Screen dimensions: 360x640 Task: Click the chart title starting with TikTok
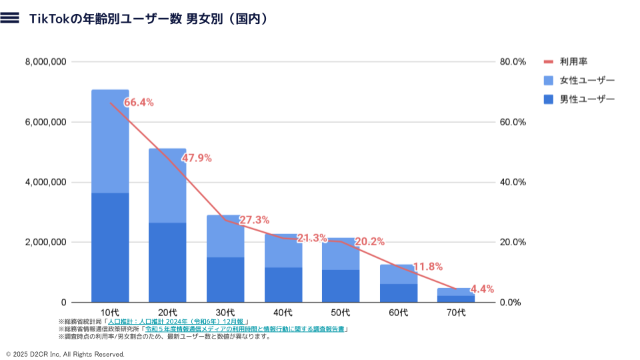[x=149, y=19]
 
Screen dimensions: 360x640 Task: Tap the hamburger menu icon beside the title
[x=10, y=19]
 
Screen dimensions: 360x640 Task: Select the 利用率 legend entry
[x=573, y=62]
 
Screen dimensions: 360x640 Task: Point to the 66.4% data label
[x=139, y=103]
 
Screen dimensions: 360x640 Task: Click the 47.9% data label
[x=197, y=158]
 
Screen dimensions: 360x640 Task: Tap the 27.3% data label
[x=254, y=220]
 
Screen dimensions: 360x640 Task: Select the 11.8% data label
[x=428, y=267]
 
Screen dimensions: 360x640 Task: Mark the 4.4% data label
[x=482, y=289]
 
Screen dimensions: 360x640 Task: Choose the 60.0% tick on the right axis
[x=513, y=122]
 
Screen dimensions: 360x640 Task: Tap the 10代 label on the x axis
[x=110, y=312]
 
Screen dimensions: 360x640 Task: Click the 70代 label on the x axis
[x=456, y=312]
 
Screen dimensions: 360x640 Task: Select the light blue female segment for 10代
[x=110, y=141]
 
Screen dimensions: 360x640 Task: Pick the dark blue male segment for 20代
[x=167, y=262]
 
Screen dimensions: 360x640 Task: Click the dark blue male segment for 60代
[x=399, y=293]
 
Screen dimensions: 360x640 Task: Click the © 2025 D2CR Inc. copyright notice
[x=65, y=354]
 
